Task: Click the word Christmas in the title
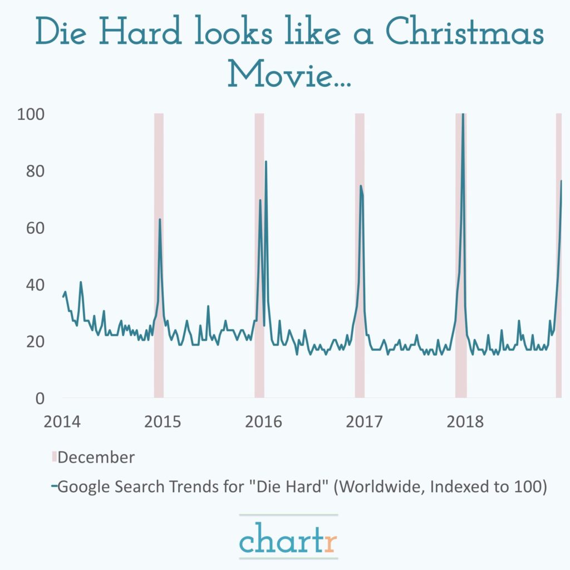(465, 35)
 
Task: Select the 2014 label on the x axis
(62, 421)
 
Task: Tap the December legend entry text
(96, 458)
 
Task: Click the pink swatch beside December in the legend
(54, 458)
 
